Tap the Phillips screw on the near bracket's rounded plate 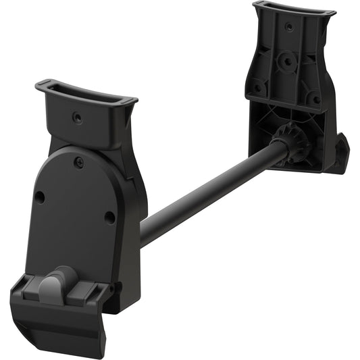point(79,162)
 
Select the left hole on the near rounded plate point(40,197)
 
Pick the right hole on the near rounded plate point(109,217)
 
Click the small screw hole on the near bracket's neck point(76,118)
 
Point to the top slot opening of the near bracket point(86,94)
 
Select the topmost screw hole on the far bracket point(289,27)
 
